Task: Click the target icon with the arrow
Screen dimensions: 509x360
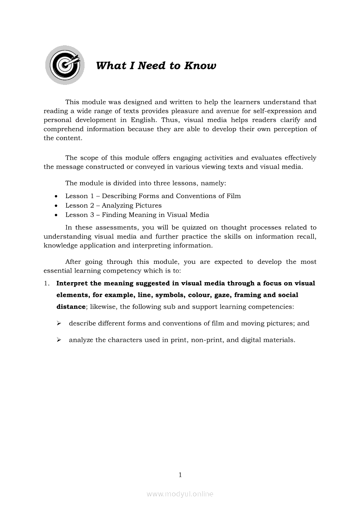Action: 65,65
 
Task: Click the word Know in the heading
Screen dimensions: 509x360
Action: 200,66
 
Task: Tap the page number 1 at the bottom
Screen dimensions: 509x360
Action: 180,475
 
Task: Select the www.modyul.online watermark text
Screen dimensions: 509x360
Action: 180,494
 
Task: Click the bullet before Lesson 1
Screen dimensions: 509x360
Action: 56,196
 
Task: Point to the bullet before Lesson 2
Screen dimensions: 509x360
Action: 56,206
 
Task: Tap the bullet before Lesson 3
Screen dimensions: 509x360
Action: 56,215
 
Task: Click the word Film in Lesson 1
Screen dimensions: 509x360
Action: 234,196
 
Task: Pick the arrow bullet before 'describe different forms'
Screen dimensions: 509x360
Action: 58,324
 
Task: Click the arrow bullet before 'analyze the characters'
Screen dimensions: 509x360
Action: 58,340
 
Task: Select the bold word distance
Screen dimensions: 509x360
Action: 71,307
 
